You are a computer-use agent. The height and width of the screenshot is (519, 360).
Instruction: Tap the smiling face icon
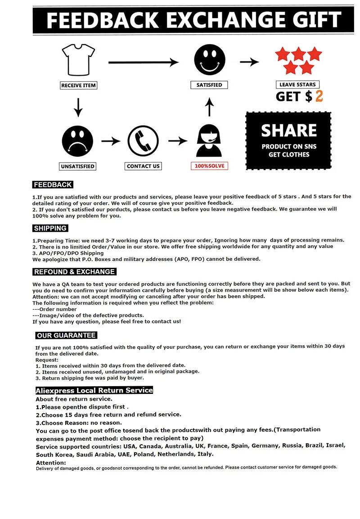tap(209, 59)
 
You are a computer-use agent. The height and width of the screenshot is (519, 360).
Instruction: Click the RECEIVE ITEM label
tap(79, 85)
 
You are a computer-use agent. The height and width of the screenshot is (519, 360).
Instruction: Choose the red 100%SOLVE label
tap(209, 166)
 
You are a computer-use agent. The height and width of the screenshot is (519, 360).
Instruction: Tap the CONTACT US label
tap(143, 166)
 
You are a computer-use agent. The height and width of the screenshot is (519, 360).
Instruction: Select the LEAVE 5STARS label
tap(298, 84)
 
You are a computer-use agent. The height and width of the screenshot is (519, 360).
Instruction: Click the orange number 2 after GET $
tap(319, 96)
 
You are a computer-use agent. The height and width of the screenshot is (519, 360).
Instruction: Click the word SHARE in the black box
tap(289, 131)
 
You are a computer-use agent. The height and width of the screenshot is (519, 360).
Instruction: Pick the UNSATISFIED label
tap(78, 166)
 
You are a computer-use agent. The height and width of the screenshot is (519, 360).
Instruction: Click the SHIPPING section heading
tap(50, 228)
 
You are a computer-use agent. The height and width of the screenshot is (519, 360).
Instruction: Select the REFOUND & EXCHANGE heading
tap(75, 272)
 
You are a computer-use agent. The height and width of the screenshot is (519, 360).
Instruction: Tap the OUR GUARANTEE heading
tap(67, 335)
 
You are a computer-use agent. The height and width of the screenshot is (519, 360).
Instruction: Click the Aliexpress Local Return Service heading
tap(94, 390)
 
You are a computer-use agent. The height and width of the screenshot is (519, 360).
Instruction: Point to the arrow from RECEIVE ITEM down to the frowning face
tap(78, 106)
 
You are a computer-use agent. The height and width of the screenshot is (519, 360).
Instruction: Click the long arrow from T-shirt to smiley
tap(143, 62)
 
